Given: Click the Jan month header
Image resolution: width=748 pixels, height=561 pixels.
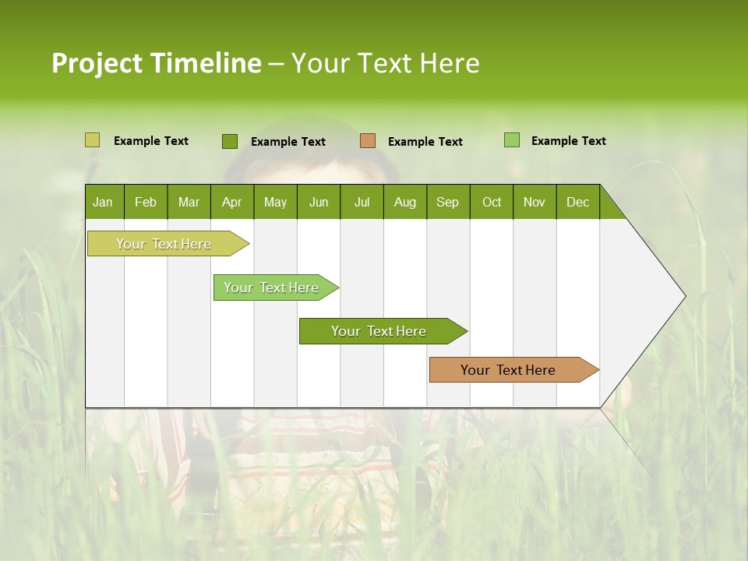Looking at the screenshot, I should coord(104,202).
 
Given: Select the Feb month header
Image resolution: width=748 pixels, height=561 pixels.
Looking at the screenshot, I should coord(146,202).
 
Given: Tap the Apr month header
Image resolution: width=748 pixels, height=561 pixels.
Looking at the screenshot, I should coord(232,202).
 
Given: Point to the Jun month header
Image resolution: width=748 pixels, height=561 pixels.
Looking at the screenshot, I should coord(319,202).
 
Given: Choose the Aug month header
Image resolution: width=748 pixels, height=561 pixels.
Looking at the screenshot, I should coord(405,202).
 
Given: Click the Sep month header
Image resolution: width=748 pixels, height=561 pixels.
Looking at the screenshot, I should coord(448,202).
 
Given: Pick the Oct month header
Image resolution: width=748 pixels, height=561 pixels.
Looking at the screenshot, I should coord(492,202).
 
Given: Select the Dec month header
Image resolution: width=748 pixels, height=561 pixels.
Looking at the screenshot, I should coord(578,202).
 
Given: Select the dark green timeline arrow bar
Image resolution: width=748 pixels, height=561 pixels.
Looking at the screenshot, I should coord(379,331).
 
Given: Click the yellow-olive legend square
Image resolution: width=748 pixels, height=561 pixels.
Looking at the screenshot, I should coord(92,140).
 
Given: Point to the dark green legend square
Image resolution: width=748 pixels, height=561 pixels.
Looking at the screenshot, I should coord(229,141).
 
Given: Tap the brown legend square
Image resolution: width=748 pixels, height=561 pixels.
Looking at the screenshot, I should coord(368,141).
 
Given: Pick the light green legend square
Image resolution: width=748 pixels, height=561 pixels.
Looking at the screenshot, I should coord(512,140).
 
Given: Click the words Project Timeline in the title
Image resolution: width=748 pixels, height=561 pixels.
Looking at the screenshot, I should coord(157,63).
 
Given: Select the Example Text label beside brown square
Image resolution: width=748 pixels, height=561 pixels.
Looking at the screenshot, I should coord(425,142).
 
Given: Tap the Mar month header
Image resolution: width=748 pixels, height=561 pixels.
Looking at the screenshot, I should coord(189,202).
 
